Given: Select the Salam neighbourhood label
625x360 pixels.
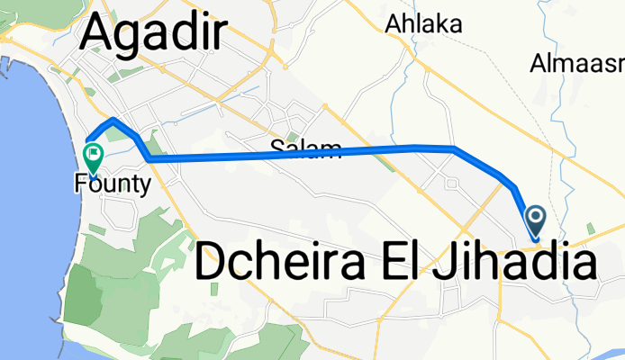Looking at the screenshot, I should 307,149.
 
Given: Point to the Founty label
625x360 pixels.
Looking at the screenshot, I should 113,184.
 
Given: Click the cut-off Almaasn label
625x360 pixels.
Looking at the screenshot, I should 577,64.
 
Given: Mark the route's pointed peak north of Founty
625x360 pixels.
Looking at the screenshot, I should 113,119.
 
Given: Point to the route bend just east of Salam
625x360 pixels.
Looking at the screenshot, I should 453,148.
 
